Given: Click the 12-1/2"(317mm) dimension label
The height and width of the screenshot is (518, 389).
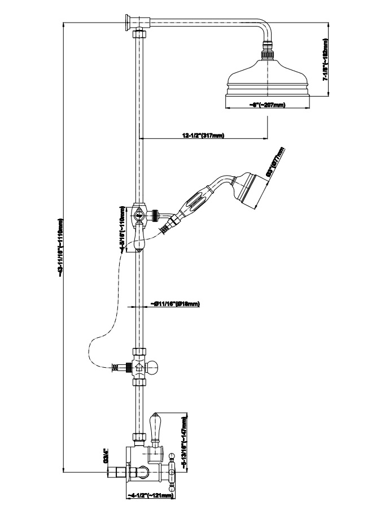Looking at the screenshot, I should (x=203, y=135).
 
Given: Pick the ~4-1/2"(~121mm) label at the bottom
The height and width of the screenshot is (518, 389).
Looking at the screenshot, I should (x=150, y=496).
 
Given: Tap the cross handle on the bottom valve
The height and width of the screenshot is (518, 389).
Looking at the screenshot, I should (x=173, y=467).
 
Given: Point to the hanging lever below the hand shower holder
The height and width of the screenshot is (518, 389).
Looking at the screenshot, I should (x=140, y=237).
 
